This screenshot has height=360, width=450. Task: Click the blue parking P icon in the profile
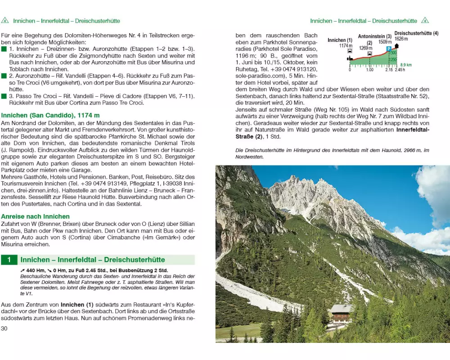[x=389, y=49]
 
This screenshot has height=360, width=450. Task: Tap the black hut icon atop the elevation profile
[x=396, y=46]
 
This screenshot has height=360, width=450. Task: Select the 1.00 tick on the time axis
[x=370, y=70]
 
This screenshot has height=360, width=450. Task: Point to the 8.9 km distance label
[x=406, y=65]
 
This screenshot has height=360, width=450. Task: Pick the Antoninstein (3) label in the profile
[x=375, y=36]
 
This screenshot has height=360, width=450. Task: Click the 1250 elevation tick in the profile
[x=393, y=60]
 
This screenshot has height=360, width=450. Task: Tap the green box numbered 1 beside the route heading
[x=9, y=260]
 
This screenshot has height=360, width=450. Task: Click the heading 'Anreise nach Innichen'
[x=36, y=216]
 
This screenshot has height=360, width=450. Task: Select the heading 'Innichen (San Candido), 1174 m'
[x=50, y=116]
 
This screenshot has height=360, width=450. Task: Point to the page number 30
[x=5, y=328]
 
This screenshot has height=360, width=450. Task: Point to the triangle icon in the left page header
[x=5, y=21]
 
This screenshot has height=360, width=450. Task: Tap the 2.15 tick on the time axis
[x=389, y=70]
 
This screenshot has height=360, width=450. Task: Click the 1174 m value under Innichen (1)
[x=345, y=45]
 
